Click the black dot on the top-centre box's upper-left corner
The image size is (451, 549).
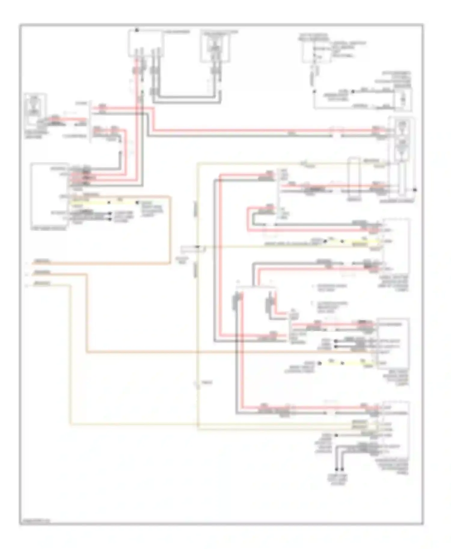137,30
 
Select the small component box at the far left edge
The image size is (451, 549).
35,110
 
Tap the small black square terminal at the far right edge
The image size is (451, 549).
415,190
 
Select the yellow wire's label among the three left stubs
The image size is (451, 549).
42,283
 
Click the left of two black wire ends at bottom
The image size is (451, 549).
337,469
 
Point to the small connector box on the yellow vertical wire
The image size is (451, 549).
192,249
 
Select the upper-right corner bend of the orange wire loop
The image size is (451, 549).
170,197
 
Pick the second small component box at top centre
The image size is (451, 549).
215,47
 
